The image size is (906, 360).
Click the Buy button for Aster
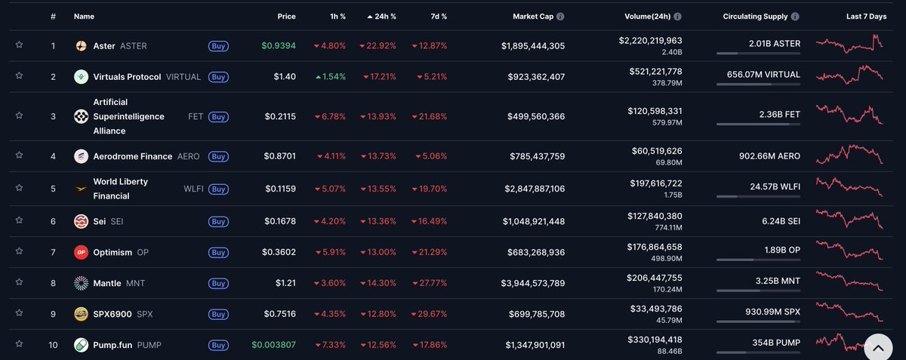point(218,46)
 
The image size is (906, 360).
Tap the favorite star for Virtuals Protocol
point(19,76)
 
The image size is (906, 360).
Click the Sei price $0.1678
point(279,221)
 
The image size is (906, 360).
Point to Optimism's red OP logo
point(81,252)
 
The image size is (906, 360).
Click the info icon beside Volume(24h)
point(677,16)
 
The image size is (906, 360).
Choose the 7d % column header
point(439,16)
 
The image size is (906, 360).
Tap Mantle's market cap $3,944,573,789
point(532,283)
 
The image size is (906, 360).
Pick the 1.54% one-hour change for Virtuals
point(329,77)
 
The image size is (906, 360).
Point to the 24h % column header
point(381,16)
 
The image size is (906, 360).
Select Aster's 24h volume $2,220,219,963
point(650,41)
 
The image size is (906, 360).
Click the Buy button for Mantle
point(218,283)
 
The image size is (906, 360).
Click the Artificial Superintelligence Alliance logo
point(81,116)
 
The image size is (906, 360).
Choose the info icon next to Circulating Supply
point(796,16)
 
